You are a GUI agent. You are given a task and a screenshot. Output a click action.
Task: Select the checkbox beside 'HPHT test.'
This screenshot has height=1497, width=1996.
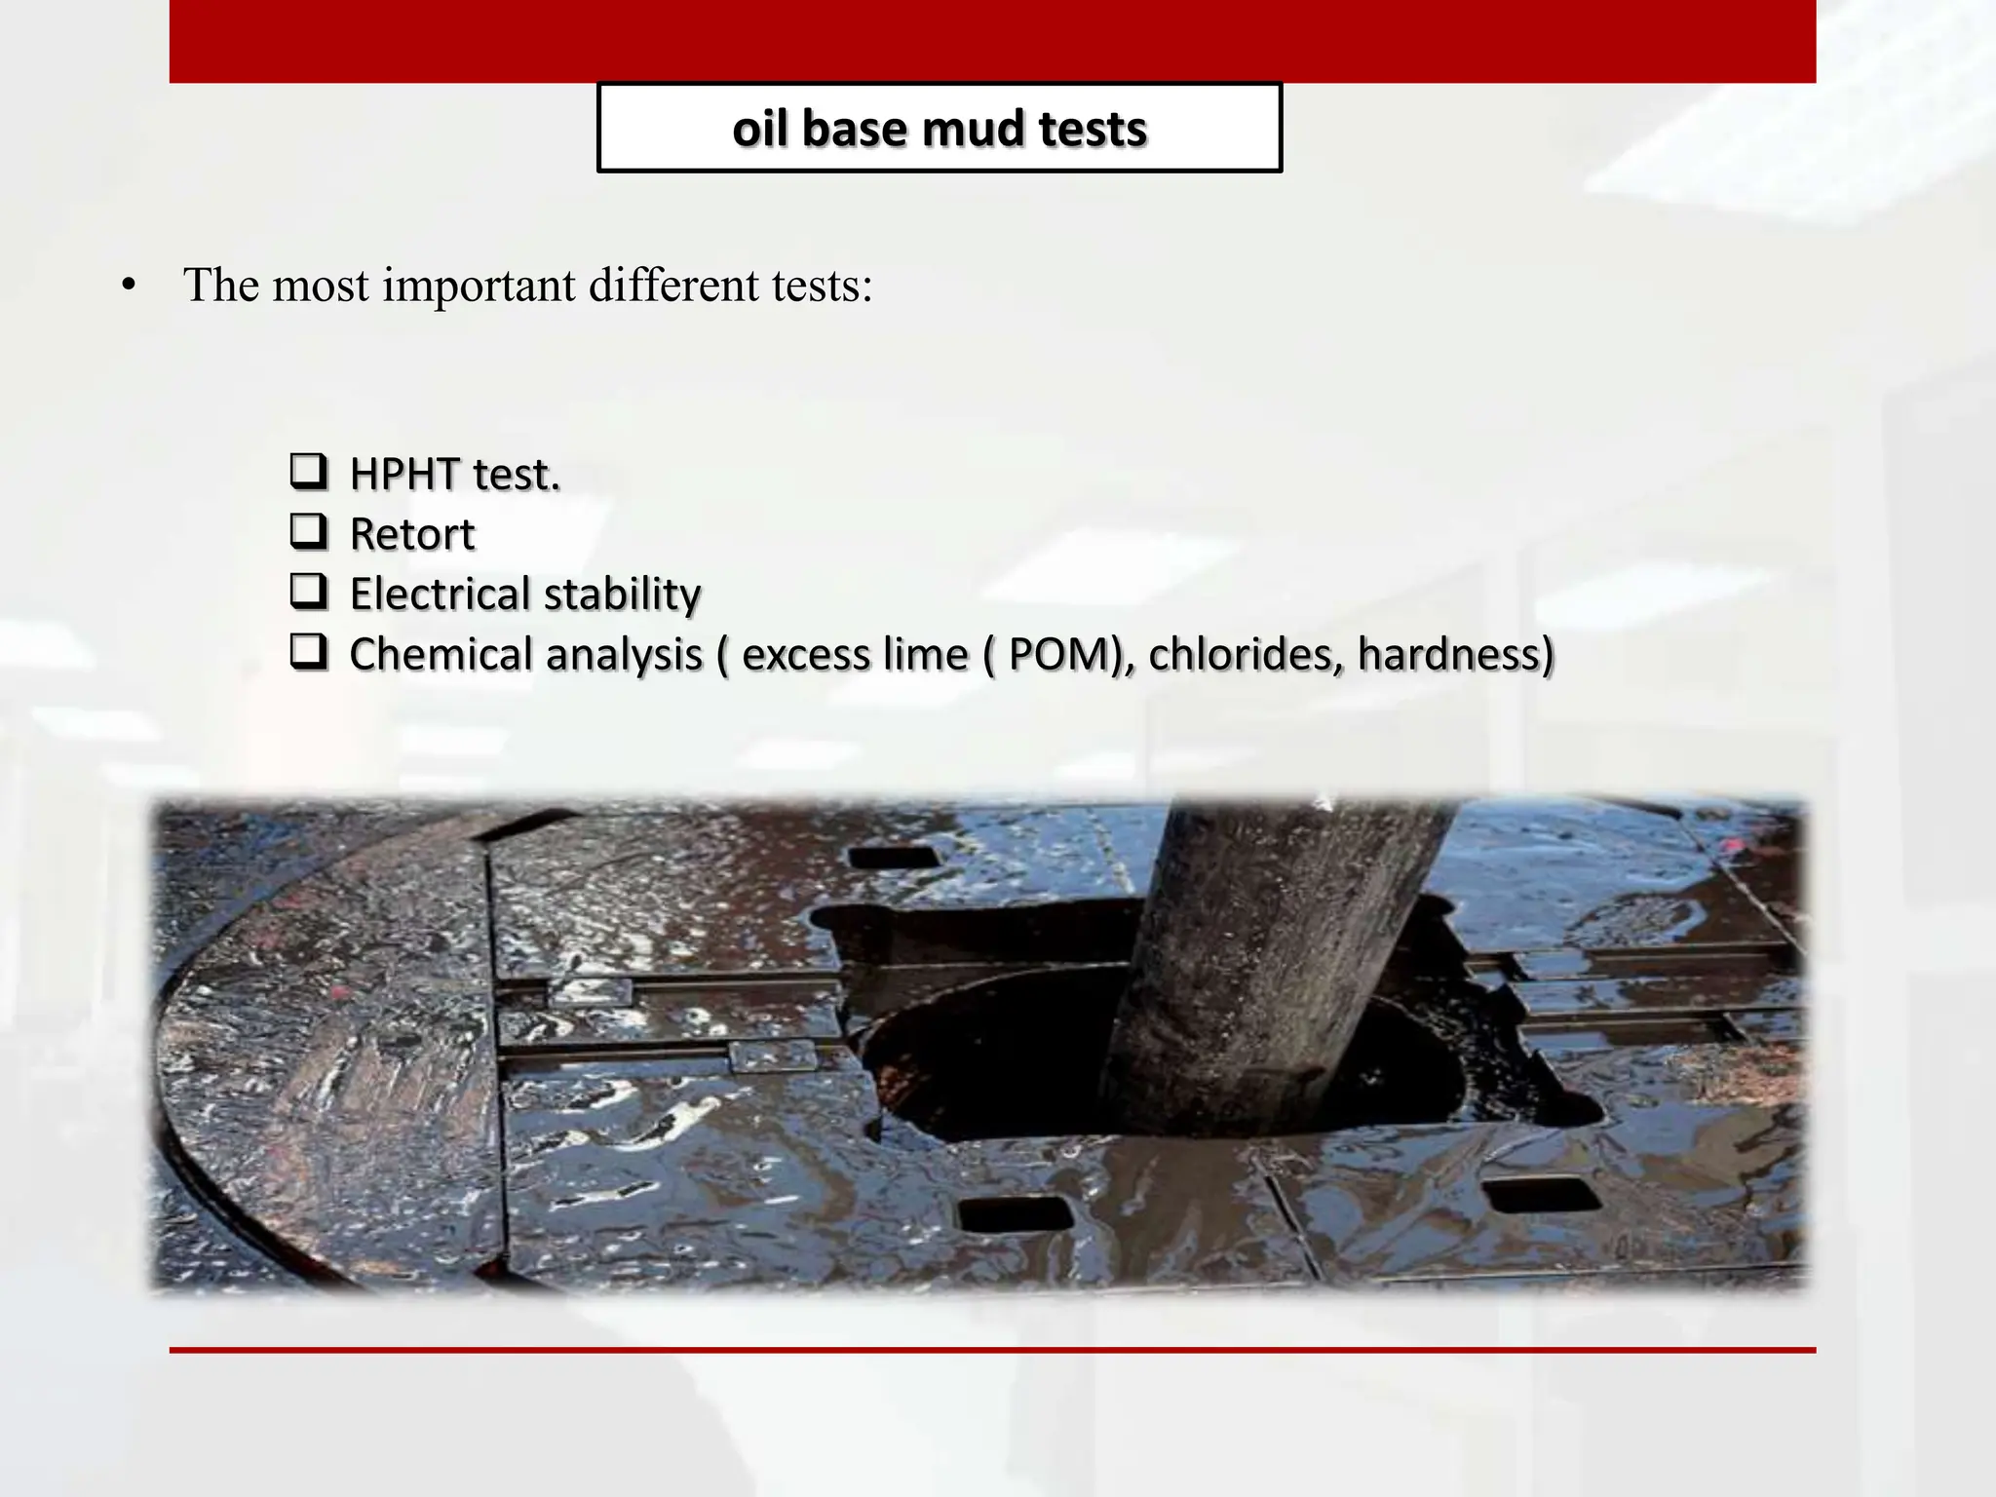click(308, 472)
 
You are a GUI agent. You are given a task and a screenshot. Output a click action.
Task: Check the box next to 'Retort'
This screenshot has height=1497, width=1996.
click(308, 531)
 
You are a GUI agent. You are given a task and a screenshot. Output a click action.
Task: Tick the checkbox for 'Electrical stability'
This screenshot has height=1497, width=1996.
click(308, 592)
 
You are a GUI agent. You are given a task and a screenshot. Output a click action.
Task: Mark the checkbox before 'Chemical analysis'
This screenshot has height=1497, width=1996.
click(308, 652)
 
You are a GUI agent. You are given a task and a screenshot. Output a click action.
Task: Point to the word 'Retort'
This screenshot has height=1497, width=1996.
click(411, 534)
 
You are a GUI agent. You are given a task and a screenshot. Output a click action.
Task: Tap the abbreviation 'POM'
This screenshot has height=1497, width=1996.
click(1058, 654)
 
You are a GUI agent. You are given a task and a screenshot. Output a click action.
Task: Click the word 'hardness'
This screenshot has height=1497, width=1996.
click(1449, 654)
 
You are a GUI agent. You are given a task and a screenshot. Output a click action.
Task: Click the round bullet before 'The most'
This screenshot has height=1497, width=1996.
click(128, 288)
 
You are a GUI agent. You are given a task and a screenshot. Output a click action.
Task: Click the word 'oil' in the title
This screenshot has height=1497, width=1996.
click(760, 129)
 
